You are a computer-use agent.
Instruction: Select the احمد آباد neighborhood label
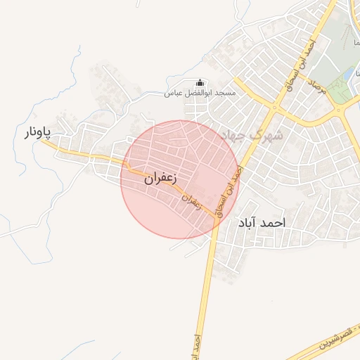click(x=262, y=222)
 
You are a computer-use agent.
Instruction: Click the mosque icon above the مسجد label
click(x=200, y=82)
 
